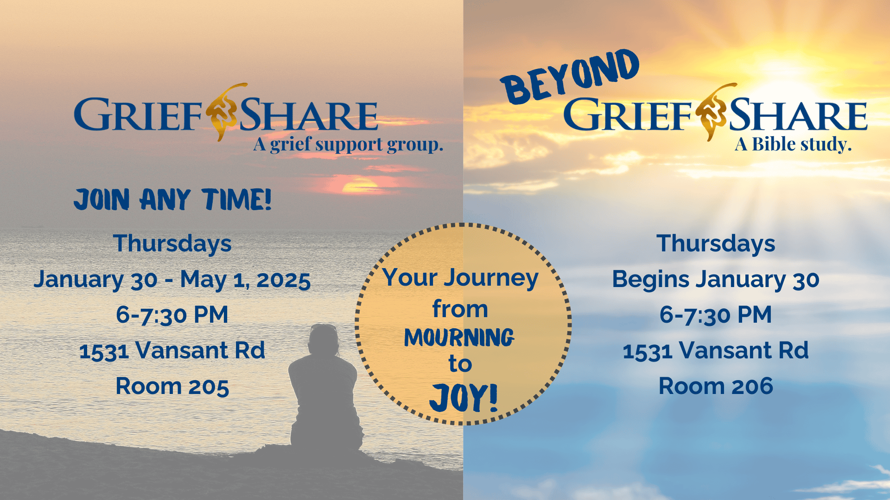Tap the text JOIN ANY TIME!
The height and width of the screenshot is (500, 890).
pyautogui.click(x=172, y=200)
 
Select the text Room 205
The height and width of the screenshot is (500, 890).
pyautogui.click(x=172, y=386)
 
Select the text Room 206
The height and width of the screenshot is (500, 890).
pyautogui.click(x=716, y=386)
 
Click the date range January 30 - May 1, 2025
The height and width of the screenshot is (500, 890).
pyautogui.click(x=172, y=280)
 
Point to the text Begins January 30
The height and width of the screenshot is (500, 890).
pyautogui.click(x=716, y=280)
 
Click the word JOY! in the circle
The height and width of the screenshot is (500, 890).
pyautogui.click(x=463, y=398)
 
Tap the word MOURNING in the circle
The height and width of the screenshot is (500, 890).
pyautogui.click(x=459, y=337)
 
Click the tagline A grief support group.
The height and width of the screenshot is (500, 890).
pyautogui.click(x=348, y=144)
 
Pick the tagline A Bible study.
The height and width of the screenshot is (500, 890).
pyautogui.click(x=793, y=144)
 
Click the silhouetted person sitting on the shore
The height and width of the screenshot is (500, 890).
pyautogui.click(x=324, y=389)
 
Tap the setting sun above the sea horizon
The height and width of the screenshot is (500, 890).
pyautogui.click(x=359, y=186)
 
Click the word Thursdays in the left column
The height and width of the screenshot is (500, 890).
pyautogui.click(x=172, y=244)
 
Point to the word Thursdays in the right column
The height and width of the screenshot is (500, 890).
pyautogui.click(x=716, y=244)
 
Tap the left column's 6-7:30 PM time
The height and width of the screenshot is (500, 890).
pyautogui.click(x=172, y=315)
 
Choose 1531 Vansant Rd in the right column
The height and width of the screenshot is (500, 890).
pyautogui.click(x=716, y=350)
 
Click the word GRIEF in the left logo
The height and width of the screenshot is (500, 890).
pyautogui.click(x=138, y=114)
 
